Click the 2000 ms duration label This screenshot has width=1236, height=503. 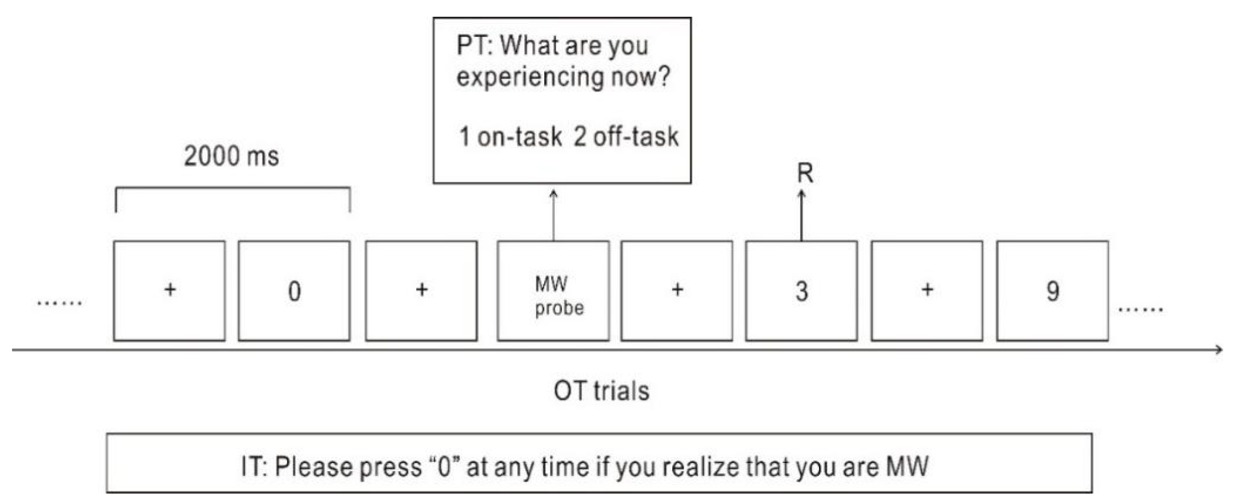[x=231, y=156]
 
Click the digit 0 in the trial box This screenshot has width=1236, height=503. [x=294, y=291]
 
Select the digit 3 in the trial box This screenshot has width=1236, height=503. [x=802, y=291]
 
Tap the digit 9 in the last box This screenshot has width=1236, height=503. [x=1053, y=291]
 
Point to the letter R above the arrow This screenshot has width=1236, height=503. [x=805, y=173]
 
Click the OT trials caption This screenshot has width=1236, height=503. [x=601, y=391]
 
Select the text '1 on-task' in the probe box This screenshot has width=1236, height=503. [x=510, y=137]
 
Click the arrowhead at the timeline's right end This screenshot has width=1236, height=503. [x=1219, y=350]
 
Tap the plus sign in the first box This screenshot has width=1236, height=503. [x=170, y=290]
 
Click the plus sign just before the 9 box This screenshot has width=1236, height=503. [x=927, y=290]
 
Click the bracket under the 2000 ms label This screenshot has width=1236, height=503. [x=233, y=188]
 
